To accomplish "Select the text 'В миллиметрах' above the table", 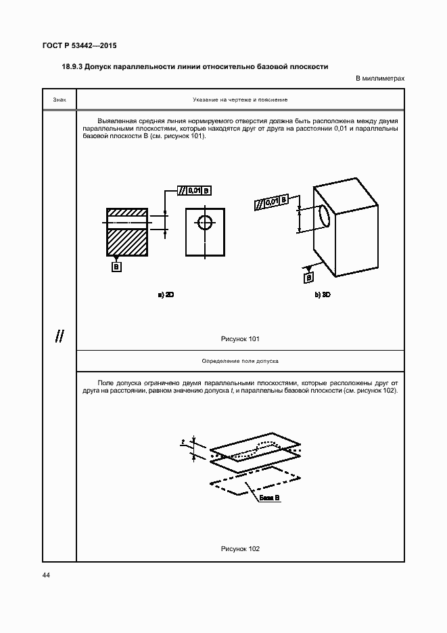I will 380,79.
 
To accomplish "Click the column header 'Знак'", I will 60,100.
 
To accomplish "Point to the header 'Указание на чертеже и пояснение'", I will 240,100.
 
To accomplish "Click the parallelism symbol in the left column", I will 60,336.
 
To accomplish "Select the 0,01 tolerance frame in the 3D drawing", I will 272,202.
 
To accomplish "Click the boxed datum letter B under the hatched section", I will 116,267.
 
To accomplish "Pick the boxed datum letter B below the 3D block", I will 309,277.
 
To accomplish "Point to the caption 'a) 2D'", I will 166,295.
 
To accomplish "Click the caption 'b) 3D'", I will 323,295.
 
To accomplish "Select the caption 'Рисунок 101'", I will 240,339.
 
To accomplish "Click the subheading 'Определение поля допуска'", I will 240,361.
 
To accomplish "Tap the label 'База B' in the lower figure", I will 268,498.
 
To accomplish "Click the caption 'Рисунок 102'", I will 240,548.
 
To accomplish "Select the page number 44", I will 46,575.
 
